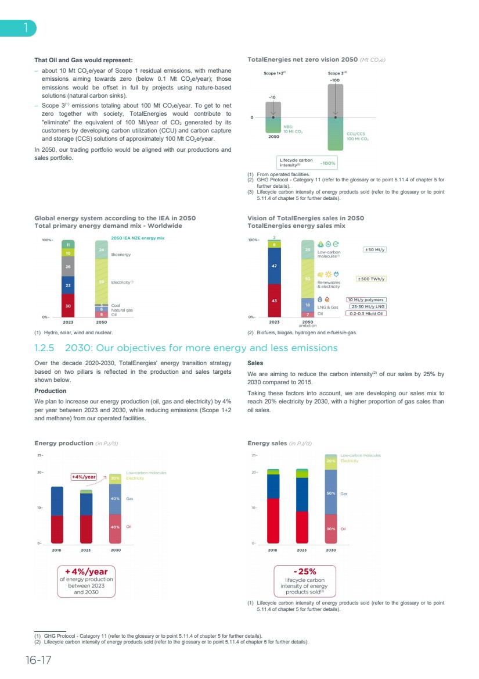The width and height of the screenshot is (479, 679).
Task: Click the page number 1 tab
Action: click(x=25, y=28)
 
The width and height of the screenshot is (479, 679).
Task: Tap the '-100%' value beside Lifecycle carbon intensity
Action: click(x=328, y=163)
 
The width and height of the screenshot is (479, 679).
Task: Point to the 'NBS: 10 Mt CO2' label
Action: click(x=293, y=129)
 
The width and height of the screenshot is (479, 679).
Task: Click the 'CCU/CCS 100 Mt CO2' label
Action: click(x=358, y=137)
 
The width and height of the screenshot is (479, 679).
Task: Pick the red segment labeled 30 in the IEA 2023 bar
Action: click(x=69, y=305)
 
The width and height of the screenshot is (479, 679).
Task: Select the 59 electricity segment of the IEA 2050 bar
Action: click(x=102, y=281)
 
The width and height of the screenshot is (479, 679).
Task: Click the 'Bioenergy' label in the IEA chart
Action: click(x=121, y=255)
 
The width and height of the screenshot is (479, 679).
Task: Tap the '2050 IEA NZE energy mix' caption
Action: click(x=138, y=238)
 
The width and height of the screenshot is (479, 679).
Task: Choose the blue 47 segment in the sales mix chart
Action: click(x=274, y=266)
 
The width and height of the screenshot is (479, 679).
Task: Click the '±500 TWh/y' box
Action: click(x=371, y=279)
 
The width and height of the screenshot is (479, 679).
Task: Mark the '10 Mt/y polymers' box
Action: click(x=366, y=300)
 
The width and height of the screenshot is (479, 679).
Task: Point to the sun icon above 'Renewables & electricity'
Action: click(x=328, y=274)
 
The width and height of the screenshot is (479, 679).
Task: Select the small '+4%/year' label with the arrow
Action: click(x=84, y=477)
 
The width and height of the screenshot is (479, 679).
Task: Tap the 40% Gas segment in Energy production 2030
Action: click(x=116, y=499)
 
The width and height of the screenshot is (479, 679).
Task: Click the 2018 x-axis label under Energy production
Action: click(x=57, y=549)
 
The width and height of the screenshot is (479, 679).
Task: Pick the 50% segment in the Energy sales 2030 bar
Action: click(x=331, y=493)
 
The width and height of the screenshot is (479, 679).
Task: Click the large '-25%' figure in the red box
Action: click(x=305, y=571)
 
